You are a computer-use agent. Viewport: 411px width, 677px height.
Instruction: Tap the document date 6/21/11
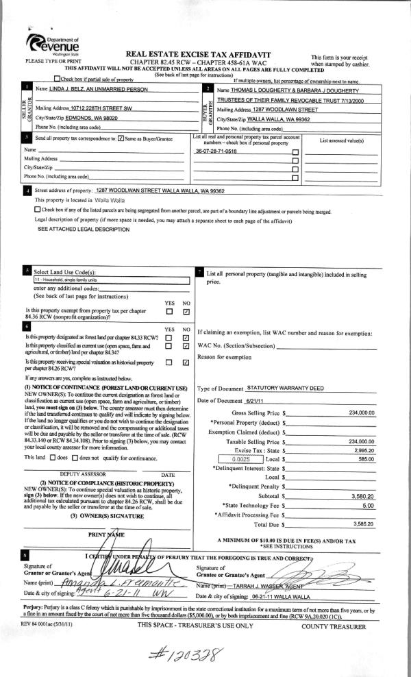point(262,401)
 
